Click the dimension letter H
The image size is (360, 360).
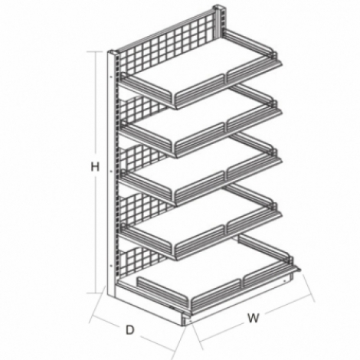(x=95, y=167)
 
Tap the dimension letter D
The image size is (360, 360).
(x=130, y=330)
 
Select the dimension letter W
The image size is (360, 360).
(x=254, y=318)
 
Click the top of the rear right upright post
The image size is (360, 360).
(x=220, y=7)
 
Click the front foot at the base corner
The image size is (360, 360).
(x=186, y=320)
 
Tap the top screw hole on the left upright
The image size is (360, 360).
(x=111, y=76)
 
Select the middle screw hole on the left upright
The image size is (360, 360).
(x=111, y=172)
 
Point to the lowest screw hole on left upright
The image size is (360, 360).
(x=111, y=266)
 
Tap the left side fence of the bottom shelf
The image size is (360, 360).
(x=163, y=291)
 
